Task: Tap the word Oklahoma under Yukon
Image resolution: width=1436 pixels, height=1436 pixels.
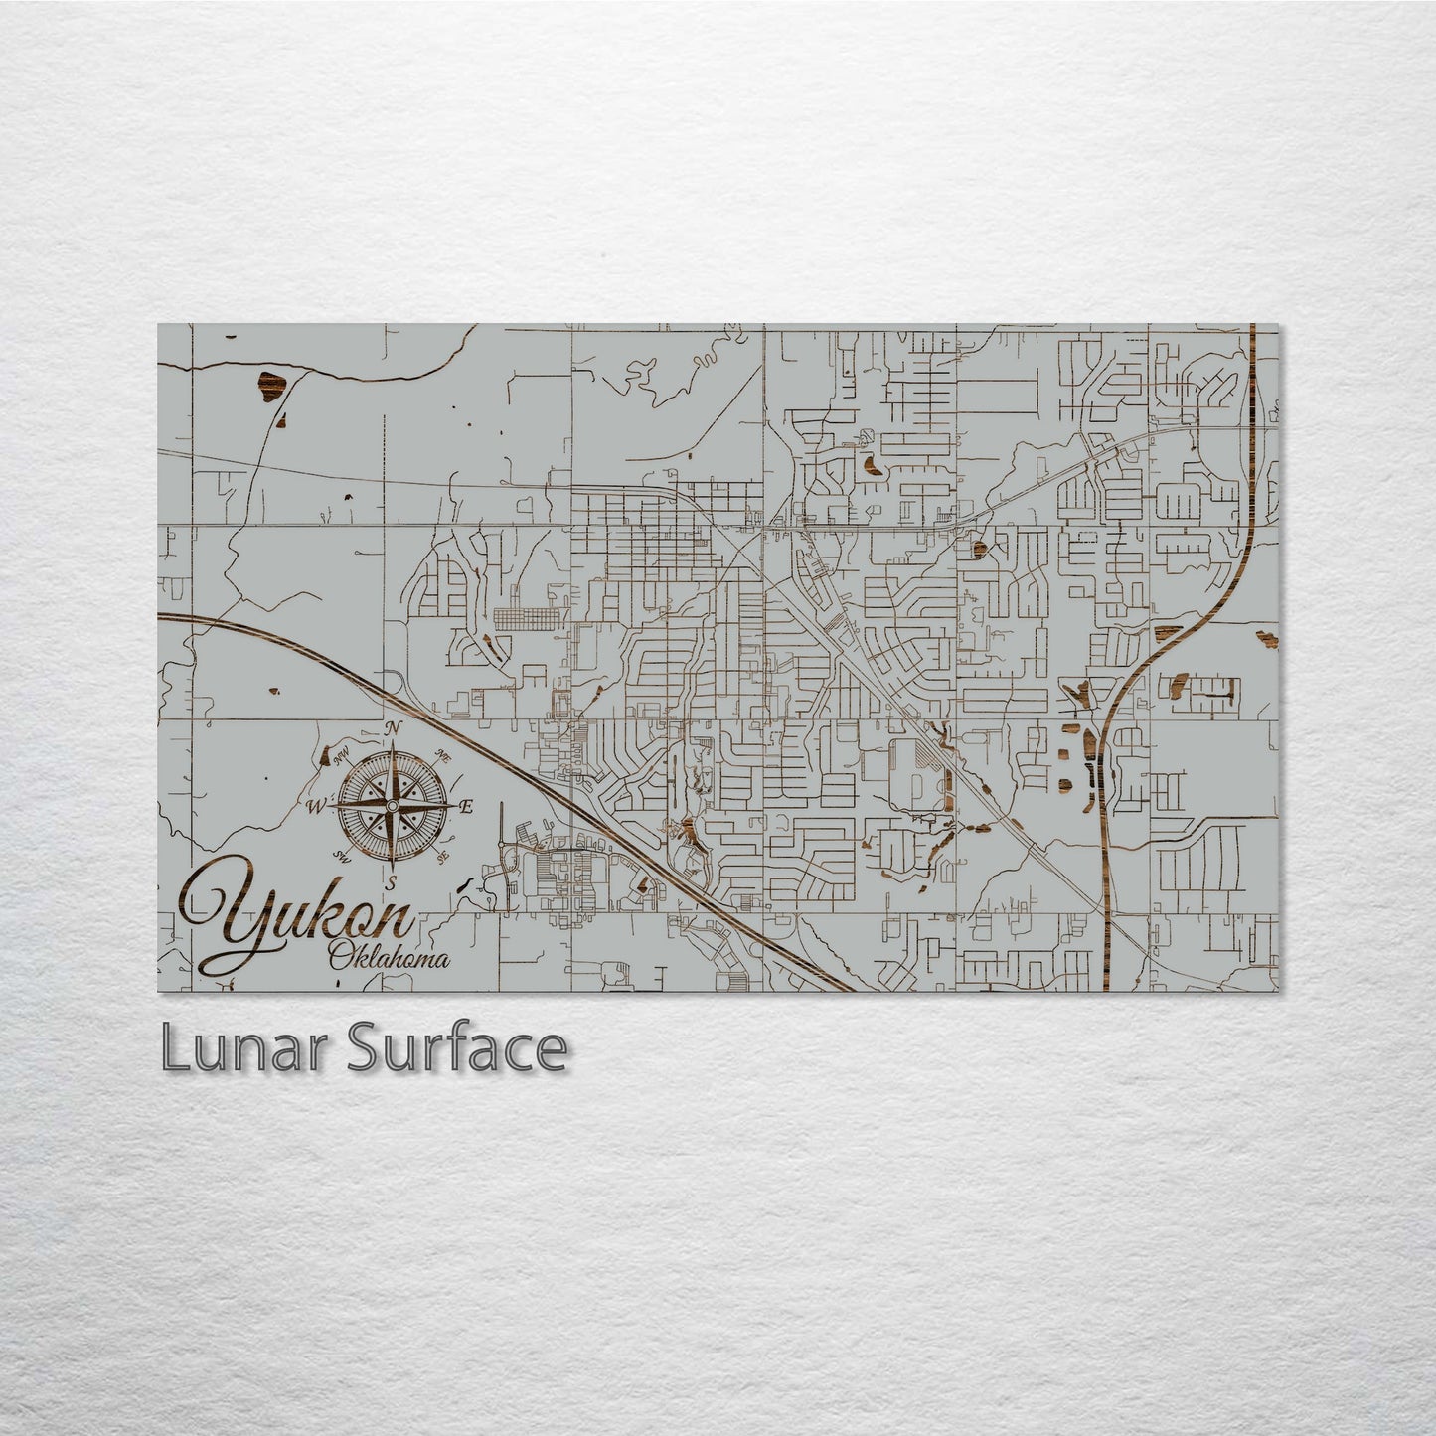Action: click(x=389, y=960)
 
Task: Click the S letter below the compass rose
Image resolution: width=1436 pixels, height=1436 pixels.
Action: click(x=392, y=881)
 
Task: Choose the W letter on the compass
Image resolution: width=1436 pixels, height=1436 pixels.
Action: click(x=314, y=806)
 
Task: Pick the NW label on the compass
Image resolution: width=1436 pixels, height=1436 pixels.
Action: click(x=343, y=758)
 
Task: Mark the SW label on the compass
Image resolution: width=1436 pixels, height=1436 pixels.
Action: click(x=343, y=856)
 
